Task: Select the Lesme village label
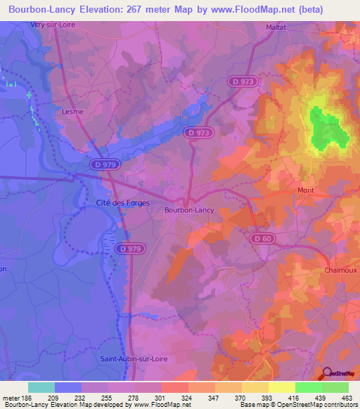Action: [72, 110]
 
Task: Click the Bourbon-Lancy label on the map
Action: [189, 209]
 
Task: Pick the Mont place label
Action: [306, 190]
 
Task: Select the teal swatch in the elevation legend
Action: [41, 387]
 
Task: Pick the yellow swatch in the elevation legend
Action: [281, 387]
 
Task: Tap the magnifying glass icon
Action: [327, 374]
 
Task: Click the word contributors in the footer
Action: [340, 405]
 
